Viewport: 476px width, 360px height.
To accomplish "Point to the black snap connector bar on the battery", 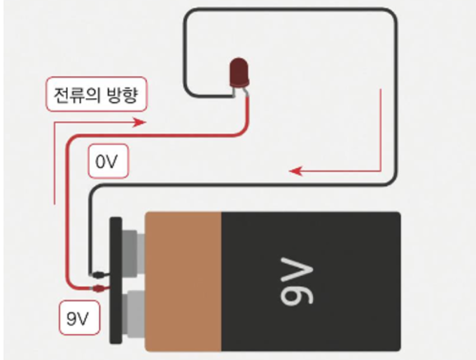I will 115,280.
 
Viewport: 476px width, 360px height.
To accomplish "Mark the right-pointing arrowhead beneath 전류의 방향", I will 142,122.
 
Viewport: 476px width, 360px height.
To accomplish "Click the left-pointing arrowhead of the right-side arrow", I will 293,170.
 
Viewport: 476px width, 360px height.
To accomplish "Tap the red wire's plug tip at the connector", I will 98,288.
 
